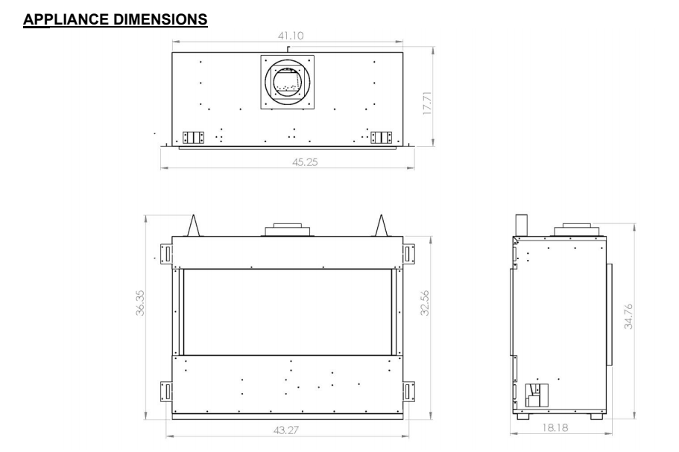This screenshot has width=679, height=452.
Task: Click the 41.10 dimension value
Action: (291, 36)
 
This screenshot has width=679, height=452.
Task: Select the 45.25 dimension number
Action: (305, 162)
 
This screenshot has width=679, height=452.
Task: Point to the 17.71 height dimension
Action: (427, 103)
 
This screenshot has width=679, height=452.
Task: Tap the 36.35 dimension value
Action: (140, 303)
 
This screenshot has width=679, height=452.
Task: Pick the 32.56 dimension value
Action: (425, 303)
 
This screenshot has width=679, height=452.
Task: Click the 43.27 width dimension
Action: (286, 430)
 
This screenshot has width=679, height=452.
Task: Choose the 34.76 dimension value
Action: (628, 316)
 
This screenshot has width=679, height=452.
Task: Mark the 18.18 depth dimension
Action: (555, 427)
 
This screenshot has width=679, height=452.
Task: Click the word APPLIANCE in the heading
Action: (66, 19)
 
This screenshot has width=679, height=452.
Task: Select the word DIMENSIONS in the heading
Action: (160, 19)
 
